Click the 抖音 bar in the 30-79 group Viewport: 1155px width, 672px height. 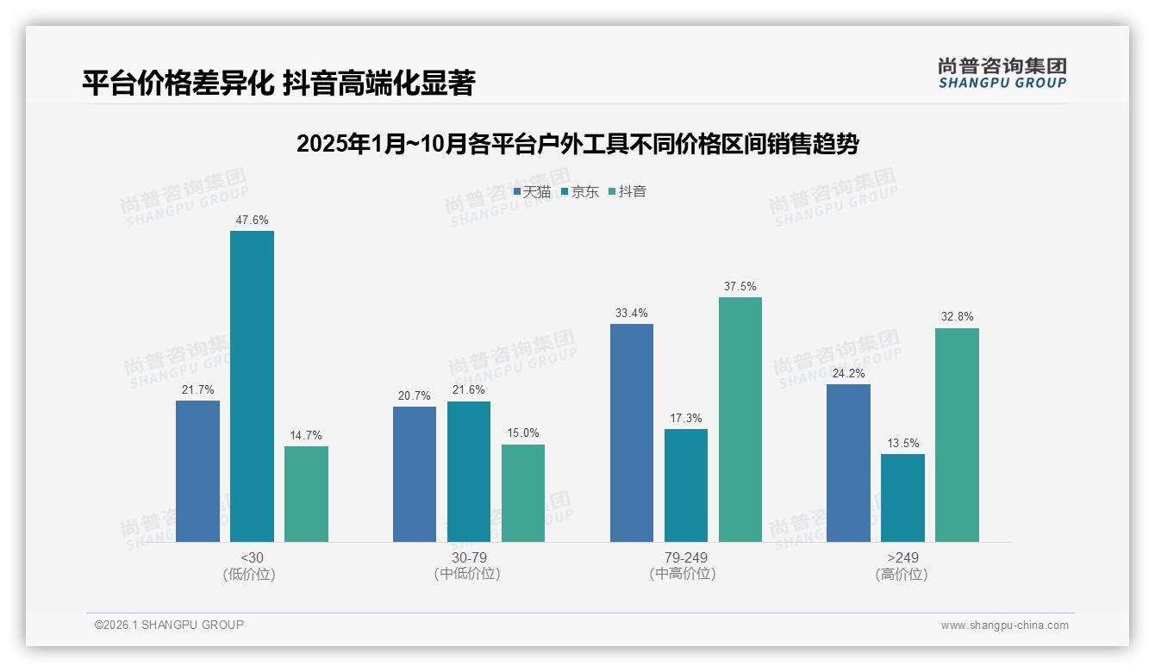[523, 493]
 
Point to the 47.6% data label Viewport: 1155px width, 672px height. [252, 221]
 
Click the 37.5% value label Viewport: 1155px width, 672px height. [740, 287]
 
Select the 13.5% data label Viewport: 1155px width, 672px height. [902, 444]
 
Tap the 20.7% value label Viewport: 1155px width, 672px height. [415, 396]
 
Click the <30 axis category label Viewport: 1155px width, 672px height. [252, 557]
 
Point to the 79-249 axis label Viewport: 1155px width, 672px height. [685, 557]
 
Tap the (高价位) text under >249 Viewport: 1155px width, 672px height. [902, 575]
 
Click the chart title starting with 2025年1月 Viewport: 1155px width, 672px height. [577, 144]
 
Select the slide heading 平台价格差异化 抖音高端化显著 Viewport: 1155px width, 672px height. [278, 83]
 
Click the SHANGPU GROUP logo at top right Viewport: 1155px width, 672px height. [1002, 73]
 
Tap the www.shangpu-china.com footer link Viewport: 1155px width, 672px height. [1004, 625]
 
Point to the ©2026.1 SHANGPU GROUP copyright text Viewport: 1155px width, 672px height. [169, 625]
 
